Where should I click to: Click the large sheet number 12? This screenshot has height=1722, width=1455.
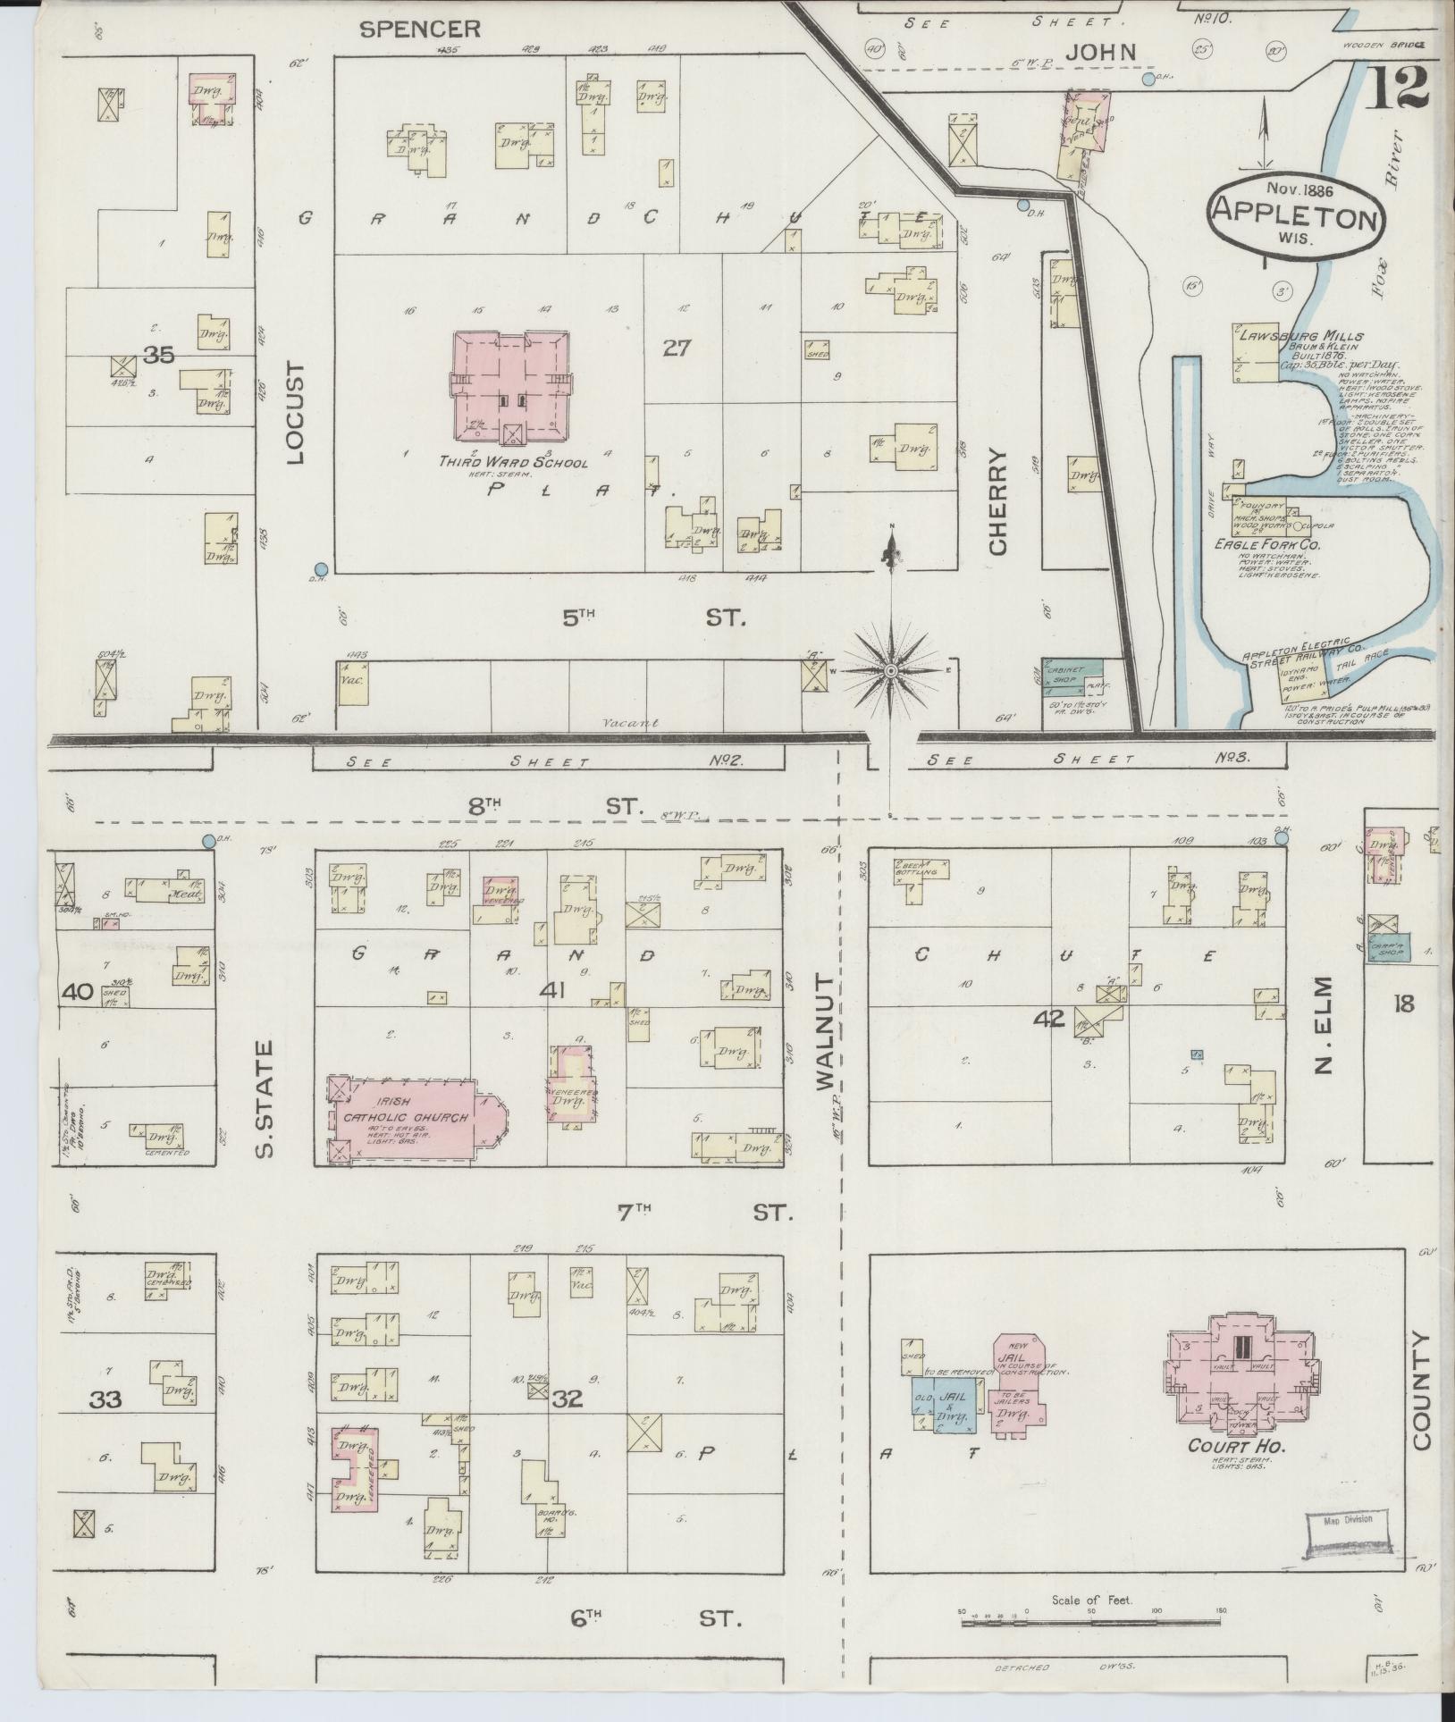coord(1398,87)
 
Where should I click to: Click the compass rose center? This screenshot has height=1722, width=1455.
coord(891,669)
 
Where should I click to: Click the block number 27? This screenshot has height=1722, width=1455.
coord(677,348)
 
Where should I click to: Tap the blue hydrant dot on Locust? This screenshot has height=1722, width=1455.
coord(321,568)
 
